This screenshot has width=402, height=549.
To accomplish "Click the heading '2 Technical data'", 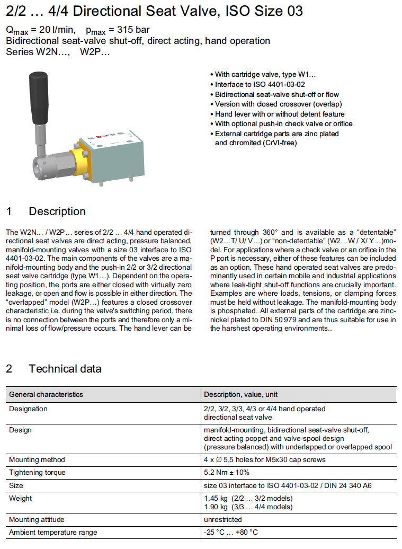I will (x=53, y=368).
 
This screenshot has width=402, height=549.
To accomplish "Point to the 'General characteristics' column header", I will (x=46, y=395).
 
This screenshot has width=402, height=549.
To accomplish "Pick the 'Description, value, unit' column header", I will (x=241, y=395).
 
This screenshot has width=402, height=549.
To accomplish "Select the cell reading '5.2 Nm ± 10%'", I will (x=226, y=472).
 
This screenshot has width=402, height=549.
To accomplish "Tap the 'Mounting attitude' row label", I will (x=37, y=520).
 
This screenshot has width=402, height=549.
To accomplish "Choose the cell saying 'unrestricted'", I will (x=222, y=520).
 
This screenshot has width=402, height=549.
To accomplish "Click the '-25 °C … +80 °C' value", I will (x=230, y=533).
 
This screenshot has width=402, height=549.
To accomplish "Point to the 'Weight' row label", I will (x=21, y=498).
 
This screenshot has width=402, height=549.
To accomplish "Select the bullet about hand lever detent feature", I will (x=280, y=114).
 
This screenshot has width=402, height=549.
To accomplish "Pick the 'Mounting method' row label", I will (x=37, y=459).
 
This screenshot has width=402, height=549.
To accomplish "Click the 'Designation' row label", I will (x=28, y=409).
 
